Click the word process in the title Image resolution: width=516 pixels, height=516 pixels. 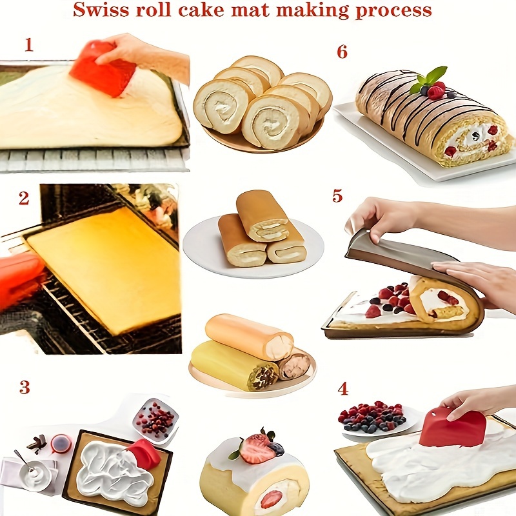[393, 11]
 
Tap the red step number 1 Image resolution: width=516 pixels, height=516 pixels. [28, 45]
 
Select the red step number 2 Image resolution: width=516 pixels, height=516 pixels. [24, 199]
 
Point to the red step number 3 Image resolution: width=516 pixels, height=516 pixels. [25, 387]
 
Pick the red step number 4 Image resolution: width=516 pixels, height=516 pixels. [342, 389]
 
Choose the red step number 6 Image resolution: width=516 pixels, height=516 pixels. [342, 52]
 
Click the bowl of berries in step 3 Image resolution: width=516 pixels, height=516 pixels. [155, 420]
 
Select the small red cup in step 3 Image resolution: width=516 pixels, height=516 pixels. [61, 444]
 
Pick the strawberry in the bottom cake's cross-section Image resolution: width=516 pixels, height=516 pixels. [272, 499]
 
